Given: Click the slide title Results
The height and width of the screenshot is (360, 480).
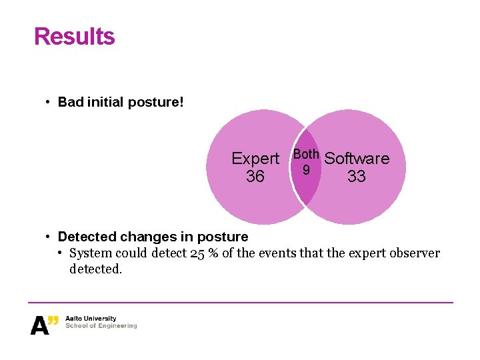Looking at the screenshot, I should (x=74, y=37).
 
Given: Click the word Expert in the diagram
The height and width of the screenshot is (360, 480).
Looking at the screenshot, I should (x=255, y=159).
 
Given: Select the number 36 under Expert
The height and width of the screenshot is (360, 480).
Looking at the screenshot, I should (x=255, y=177).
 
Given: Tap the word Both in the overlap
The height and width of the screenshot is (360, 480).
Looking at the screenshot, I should (x=307, y=155).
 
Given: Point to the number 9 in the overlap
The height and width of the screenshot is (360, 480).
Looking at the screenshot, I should (x=306, y=170).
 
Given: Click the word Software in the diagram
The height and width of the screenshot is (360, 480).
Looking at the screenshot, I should (x=357, y=159).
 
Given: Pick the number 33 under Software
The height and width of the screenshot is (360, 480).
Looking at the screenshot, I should (x=357, y=177).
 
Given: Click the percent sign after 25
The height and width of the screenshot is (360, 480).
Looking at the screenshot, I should (x=213, y=253).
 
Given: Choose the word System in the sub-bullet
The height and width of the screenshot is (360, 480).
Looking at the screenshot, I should (x=91, y=253).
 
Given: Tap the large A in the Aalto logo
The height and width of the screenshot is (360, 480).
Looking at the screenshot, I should (x=39, y=325).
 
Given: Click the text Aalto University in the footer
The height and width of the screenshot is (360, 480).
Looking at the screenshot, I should (x=91, y=319).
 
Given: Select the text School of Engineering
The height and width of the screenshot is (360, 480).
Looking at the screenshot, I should (x=101, y=326).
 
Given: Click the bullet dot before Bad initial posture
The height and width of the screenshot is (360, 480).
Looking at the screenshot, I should (x=49, y=103).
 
